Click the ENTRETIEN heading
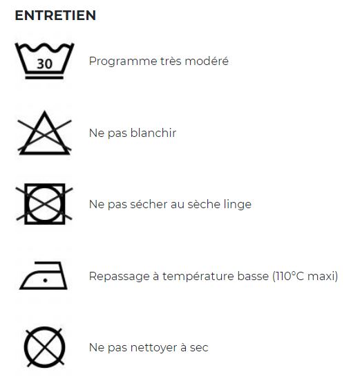(x=55, y=15)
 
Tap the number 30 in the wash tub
(x=45, y=64)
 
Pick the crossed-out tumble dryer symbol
(x=44, y=204)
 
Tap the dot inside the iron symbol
(x=45, y=280)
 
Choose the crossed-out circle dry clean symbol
(x=44, y=347)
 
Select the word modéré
(x=207, y=61)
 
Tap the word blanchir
(x=153, y=133)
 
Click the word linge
(x=238, y=205)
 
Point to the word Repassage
(x=120, y=276)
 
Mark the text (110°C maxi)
(x=305, y=276)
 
